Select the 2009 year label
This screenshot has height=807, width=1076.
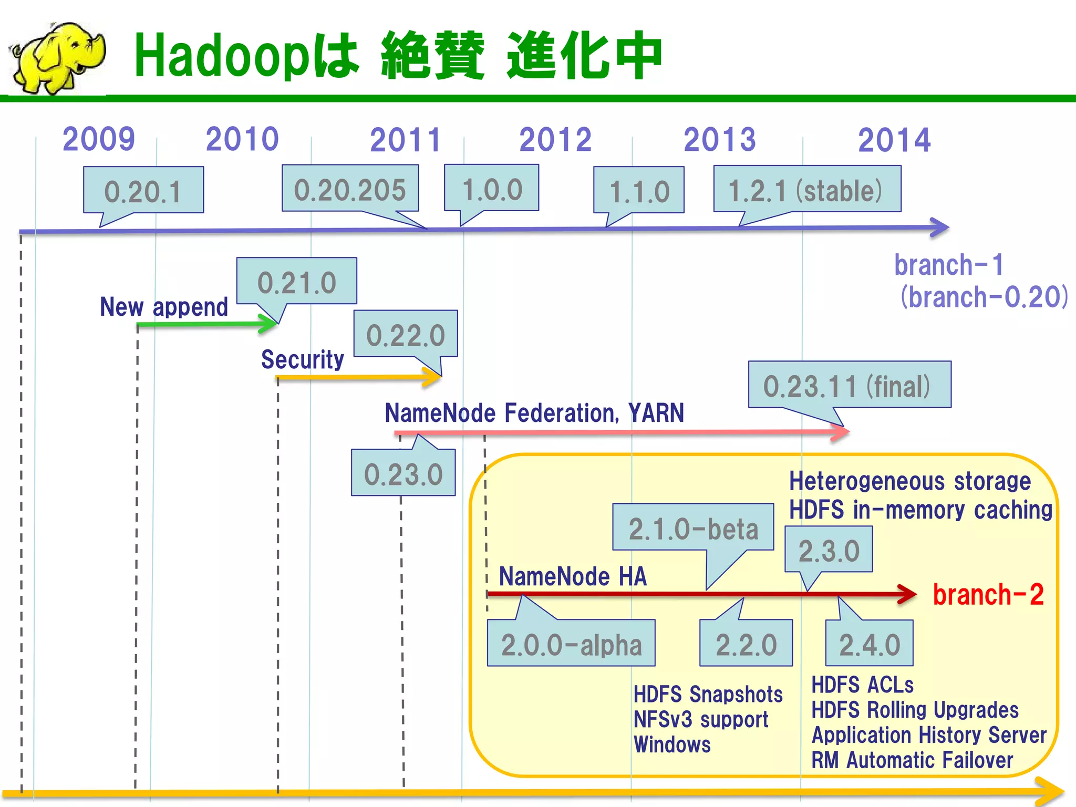tap(99, 139)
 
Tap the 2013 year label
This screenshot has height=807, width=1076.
tap(719, 140)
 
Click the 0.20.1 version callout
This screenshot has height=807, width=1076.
tap(143, 191)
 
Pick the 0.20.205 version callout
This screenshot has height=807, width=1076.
tap(350, 189)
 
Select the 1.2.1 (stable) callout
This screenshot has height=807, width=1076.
tap(806, 190)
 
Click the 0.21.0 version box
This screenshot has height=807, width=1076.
tap(297, 282)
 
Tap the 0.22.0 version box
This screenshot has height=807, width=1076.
tap(405, 334)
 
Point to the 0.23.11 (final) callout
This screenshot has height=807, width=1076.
tap(849, 385)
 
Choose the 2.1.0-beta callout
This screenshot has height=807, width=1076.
tap(693, 527)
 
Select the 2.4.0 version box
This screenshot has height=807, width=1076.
tap(870, 644)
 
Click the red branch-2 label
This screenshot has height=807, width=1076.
tap(988, 595)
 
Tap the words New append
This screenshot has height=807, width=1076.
tap(164, 306)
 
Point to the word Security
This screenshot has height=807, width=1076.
tap(303, 359)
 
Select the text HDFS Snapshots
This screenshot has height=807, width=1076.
tap(708, 695)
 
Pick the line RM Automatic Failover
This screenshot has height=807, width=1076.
tap(912, 760)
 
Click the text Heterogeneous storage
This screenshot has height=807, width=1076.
tap(909, 481)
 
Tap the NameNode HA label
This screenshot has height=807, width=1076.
tap(573, 576)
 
